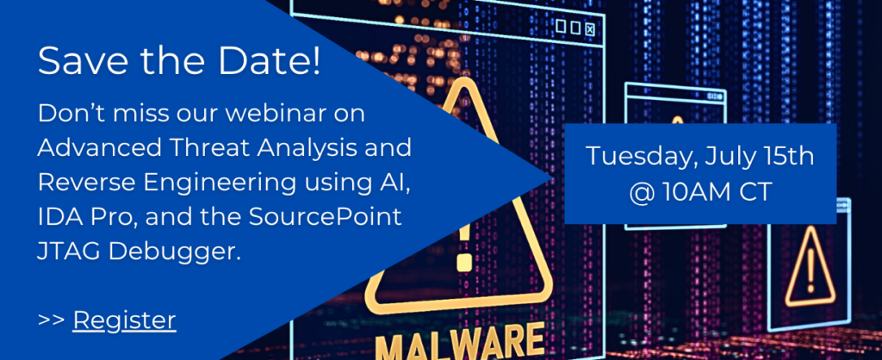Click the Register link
[x=124, y=320]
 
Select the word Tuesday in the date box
[x=633, y=157]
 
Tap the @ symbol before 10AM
[x=641, y=192]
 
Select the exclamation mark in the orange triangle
[x=810, y=267]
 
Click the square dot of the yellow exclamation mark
[x=464, y=263]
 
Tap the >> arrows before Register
[x=51, y=320]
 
